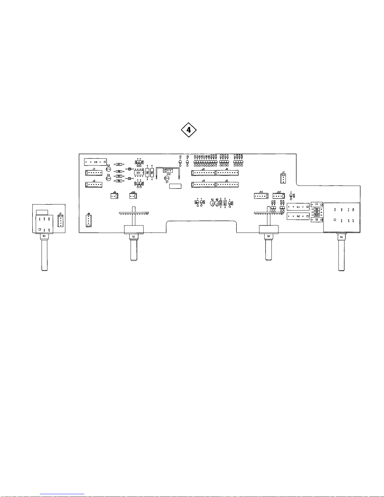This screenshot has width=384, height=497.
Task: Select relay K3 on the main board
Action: tap(95, 162)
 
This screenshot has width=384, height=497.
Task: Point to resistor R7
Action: tap(119, 164)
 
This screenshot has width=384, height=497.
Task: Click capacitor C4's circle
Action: tap(108, 169)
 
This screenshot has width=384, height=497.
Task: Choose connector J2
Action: tap(93, 185)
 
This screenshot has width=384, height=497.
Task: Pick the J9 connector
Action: tap(114, 196)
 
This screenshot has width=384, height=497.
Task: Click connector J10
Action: tap(133, 196)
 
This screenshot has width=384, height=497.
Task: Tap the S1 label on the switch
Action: tap(134, 237)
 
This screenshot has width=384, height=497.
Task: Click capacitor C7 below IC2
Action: tap(167, 178)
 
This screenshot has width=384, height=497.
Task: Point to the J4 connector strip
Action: tap(203, 173)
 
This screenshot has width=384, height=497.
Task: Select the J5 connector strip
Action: tap(227, 184)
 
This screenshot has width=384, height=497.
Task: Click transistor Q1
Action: tap(212, 203)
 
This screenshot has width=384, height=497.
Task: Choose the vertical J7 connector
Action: tap(283, 178)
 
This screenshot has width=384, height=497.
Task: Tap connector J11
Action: tap(261, 196)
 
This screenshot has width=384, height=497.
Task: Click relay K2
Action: tap(298, 216)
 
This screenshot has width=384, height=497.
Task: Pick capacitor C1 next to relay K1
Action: tap(317, 204)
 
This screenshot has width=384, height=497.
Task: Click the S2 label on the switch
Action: tap(269, 236)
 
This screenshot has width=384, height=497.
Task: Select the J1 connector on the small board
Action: tap(60, 221)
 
